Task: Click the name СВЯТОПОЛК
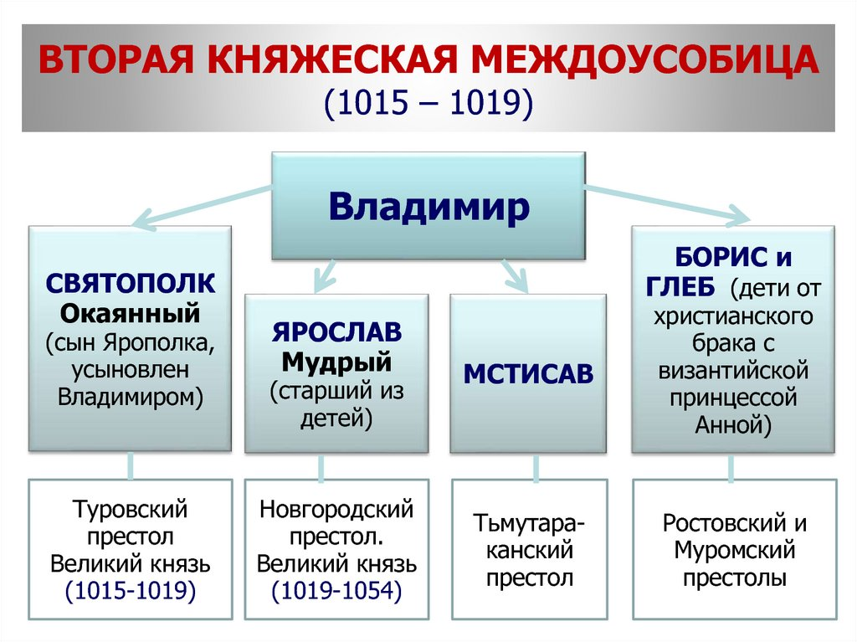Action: click(x=130, y=283)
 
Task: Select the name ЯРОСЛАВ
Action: click(x=336, y=332)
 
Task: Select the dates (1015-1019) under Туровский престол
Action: click(x=130, y=592)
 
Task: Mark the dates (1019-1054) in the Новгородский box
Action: click(x=336, y=592)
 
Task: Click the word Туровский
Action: click(x=130, y=508)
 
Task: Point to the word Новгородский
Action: click(x=336, y=508)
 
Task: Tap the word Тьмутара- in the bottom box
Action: click(x=528, y=523)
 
